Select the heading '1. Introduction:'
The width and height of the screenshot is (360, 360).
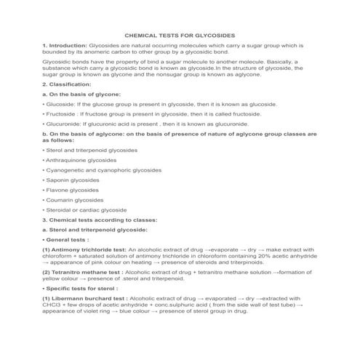65,45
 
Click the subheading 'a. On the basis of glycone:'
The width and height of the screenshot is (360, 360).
81,95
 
